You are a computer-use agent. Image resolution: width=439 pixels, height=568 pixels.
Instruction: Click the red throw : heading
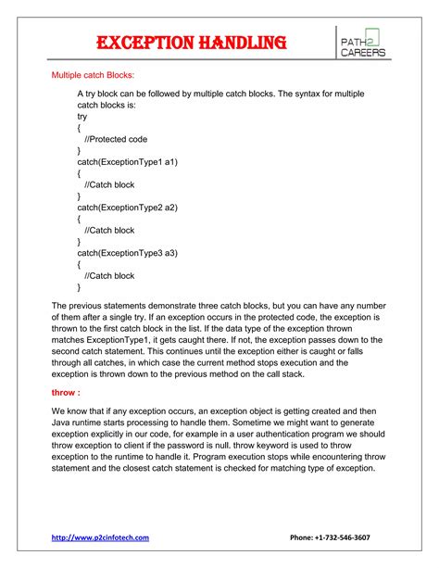tap(67, 392)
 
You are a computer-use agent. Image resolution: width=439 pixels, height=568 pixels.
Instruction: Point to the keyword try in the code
tap(83, 118)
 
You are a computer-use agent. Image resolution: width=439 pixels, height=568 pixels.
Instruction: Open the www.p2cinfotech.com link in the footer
tap(100, 536)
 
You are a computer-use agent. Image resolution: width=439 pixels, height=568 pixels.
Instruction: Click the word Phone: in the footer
tap(303, 536)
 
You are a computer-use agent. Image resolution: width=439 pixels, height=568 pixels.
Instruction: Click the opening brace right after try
tap(80, 128)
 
